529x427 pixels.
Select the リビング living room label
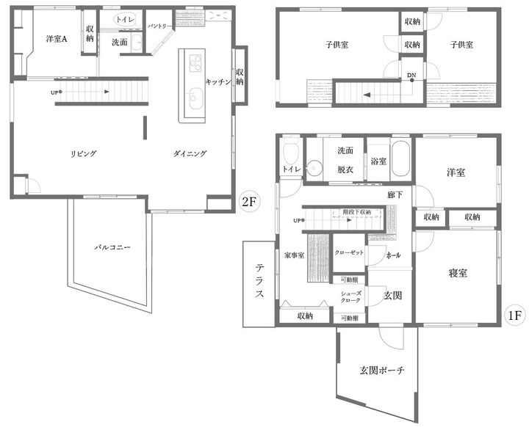click(x=84, y=153)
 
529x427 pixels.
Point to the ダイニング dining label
click(x=190, y=153)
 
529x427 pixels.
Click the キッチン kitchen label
click(x=219, y=81)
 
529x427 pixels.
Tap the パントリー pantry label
click(x=159, y=26)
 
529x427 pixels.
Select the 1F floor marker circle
click(x=515, y=315)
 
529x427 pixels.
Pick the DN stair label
click(x=411, y=75)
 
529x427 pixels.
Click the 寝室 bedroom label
click(x=458, y=273)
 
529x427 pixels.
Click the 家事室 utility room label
click(x=294, y=256)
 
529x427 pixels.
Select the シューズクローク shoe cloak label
click(x=350, y=296)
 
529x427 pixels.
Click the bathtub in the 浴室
click(x=400, y=159)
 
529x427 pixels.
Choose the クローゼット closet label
click(x=348, y=252)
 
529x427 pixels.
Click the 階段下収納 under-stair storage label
click(x=357, y=211)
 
